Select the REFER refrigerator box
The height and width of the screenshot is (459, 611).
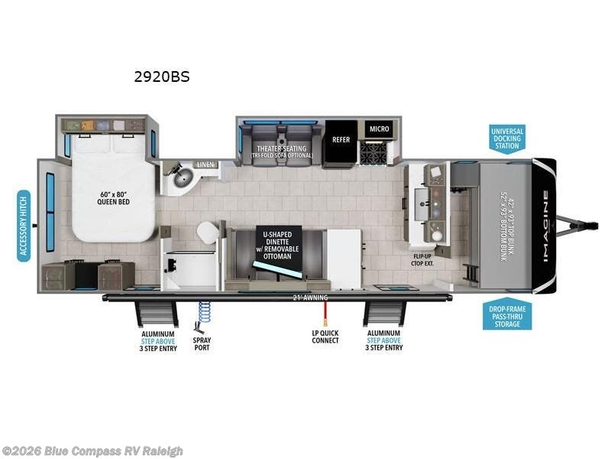[x=340, y=141]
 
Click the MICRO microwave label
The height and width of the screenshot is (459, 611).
[x=380, y=129]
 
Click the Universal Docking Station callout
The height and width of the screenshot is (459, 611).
[x=507, y=139]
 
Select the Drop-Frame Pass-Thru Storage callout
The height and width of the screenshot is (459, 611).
[x=506, y=315]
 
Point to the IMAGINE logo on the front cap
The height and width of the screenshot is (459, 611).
[x=545, y=226]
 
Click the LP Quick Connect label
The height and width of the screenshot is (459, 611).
[x=325, y=338]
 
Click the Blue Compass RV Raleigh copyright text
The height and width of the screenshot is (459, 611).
[x=92, y=451]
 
